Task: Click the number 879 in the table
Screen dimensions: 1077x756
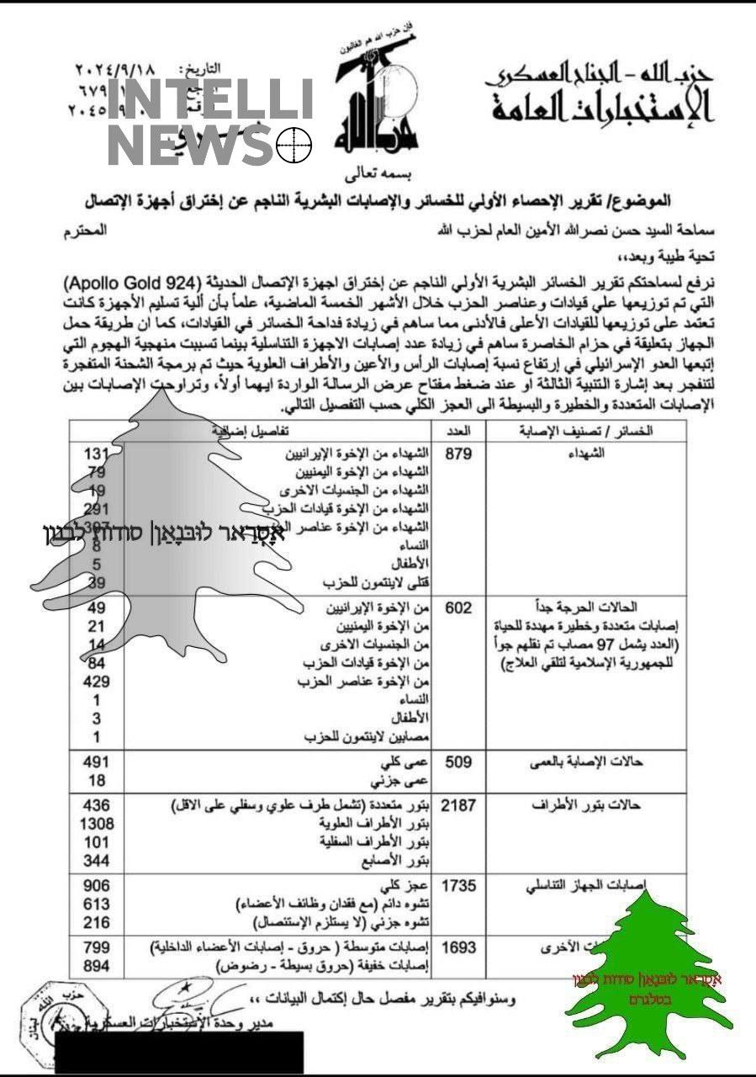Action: pyautogui.click(x=461, y=454)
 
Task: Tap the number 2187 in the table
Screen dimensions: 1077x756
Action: pyautogui.click(x=458, y=805)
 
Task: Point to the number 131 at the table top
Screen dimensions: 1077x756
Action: pyautogui.click(x=98, y=454)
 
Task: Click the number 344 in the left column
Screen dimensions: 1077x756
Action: pyautogui.click(x=98, y=860)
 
